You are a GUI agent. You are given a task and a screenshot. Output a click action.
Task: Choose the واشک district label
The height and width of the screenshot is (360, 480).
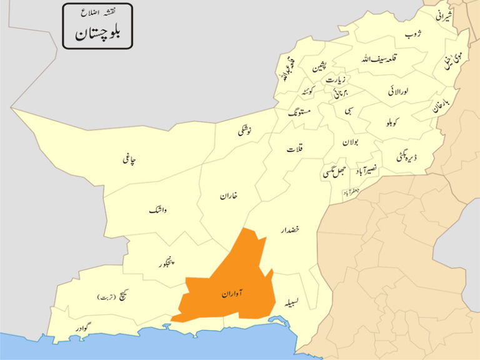(x=159, y=211)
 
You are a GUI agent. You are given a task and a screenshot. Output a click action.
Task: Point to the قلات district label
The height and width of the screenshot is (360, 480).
(x=295, y=150)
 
